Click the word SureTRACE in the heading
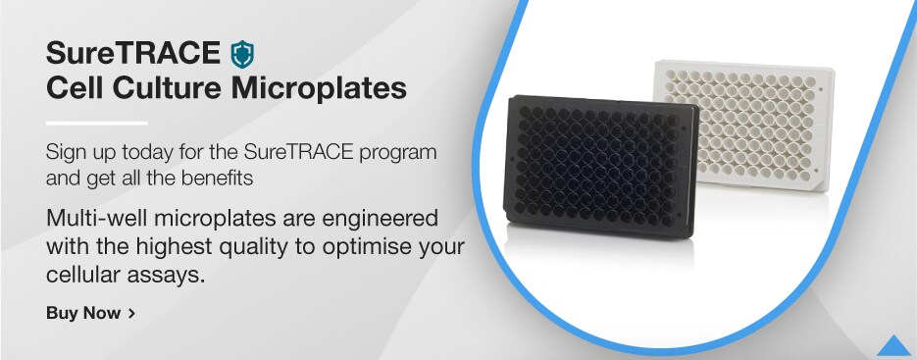click(x=133, y=52)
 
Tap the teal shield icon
click(x=241, y=52)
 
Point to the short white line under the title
click(x=96, y=123)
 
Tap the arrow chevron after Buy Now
click(x=131, y=314)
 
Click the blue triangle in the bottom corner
click(x=893, y=345)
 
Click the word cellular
click(x=90, y=275)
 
